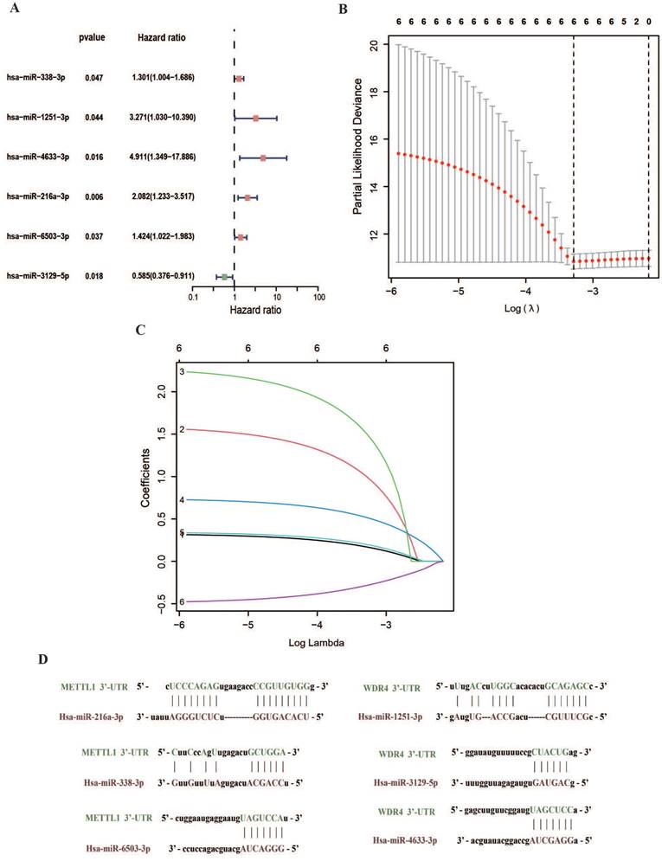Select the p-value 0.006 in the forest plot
point(93,197)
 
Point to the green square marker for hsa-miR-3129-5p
point(224,277)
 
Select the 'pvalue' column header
point(92,38)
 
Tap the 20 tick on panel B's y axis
point(374,43)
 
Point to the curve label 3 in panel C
point(183,372)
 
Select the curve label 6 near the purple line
point(183,601)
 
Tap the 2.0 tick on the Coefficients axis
point(164,393)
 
